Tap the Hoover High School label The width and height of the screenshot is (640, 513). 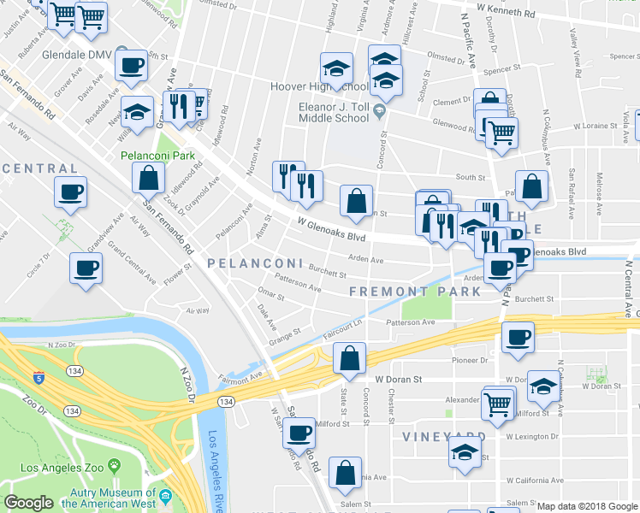[319, 87]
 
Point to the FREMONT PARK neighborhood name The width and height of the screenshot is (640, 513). [415, 292]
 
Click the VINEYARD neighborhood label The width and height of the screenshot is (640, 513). [444, 436]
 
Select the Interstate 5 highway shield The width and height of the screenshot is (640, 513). [39, 377]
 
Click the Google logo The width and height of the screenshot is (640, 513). [29, 503]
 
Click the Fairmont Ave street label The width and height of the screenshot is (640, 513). [240, 377]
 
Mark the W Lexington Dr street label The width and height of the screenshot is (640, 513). [530, 436]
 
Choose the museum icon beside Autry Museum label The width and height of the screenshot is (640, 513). [165, 497]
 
